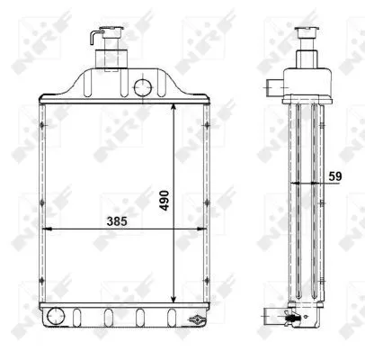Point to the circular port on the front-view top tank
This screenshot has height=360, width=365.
141,87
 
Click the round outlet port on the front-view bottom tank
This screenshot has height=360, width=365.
57,316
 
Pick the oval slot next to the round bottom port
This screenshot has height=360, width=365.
78,317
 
